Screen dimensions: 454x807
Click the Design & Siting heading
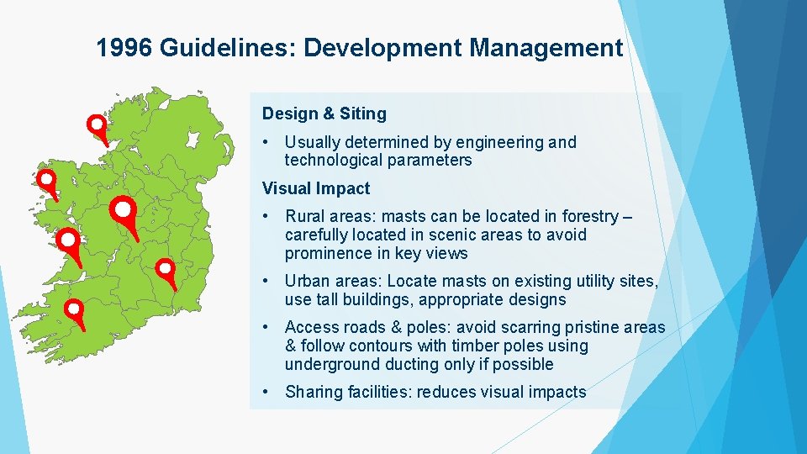[x=324, y=113]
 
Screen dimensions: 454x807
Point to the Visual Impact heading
[x=315, y=188]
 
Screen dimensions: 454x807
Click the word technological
[x=333, y=160]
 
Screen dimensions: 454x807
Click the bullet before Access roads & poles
[x=265, y=327]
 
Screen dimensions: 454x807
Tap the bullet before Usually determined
[x=265, y=142]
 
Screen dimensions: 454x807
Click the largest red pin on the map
[x=124, y=209]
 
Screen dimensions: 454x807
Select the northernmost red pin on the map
[x=98, y=126]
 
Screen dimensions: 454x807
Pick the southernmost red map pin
[x=75, y=310]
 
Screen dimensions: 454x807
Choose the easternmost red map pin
[x=166, y=269]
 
